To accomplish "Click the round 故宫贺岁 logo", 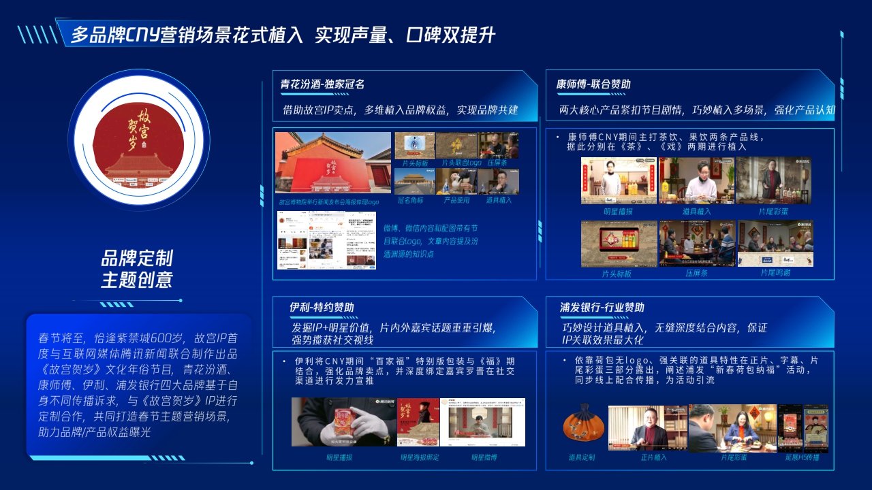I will pyautogui.click(x=139, y=148).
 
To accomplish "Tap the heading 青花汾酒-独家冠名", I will pyautogui.click(x=322, y=84).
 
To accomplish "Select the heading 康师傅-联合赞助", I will pyautogui.click(x=593, y=84).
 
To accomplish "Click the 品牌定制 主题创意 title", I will pyautogui.click(x=137, y=268).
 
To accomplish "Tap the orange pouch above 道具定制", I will pyautogui.click(x=582, y=426).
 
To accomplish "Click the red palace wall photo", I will pyautogui.click(x=333, y=163).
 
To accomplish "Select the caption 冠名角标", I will pyautogui.click(x=411, y=200).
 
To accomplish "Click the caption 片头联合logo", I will pyautogui.click(x=461, y=163).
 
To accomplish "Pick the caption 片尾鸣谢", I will pyautogui.click(x=775, y=272).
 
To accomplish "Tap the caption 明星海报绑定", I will pyautogui.click(x=419, y=457).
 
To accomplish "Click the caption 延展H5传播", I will pyautogui.click(x=802, y=457).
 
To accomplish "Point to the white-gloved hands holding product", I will pyautogui.click(x=343, y=422).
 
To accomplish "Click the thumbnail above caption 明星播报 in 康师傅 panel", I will pyautogui.click(x=619, y=180).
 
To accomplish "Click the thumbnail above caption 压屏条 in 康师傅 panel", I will pyautogui.click(x=696, y=243).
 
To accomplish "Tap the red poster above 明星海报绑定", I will pyautogui.click(x=418, y=422).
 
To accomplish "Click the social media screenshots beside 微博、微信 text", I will pyautogui.click(x=326, y=240).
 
